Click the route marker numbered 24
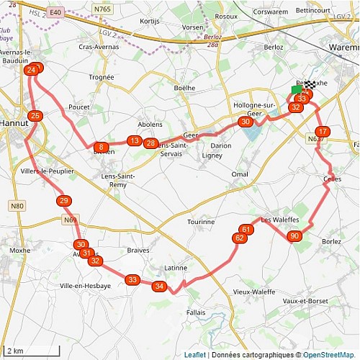pos(31,71)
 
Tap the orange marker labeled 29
pos(64,201)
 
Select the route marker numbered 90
pos(294,236)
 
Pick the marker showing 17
pos(323,132)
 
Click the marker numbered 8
pos(102,147)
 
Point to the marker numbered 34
pos(160,287)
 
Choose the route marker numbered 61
pos(246,230)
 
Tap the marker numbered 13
pos(134,141)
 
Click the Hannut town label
pos(14,123)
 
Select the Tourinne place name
pos(201,222)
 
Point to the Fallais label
pos(196,312)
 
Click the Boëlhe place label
pos(184,88)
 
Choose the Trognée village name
pos(101,77)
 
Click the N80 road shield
pos(17,206)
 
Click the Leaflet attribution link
pos(194,355)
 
